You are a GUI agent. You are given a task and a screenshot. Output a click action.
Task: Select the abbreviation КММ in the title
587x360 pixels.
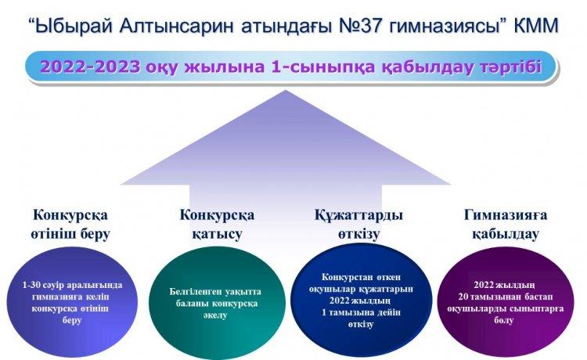tap(535, 26)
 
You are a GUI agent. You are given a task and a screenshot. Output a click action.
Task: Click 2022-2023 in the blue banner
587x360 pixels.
tap(90, 67)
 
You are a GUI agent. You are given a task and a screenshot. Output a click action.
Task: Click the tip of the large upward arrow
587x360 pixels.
tap(285, 90)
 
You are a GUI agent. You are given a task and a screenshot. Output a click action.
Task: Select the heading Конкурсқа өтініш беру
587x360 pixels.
tap(70, 225)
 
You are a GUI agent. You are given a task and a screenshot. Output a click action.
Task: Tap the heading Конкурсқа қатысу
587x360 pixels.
tap(217, 225)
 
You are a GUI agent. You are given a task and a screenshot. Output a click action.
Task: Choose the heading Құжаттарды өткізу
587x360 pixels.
tap(359, 225)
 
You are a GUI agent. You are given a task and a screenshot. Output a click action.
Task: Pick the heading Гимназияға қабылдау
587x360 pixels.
tap(506, 225)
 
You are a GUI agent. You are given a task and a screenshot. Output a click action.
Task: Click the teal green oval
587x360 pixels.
tap(217, 302)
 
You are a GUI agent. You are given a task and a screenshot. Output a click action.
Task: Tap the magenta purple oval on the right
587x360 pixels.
tap(506, 302)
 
